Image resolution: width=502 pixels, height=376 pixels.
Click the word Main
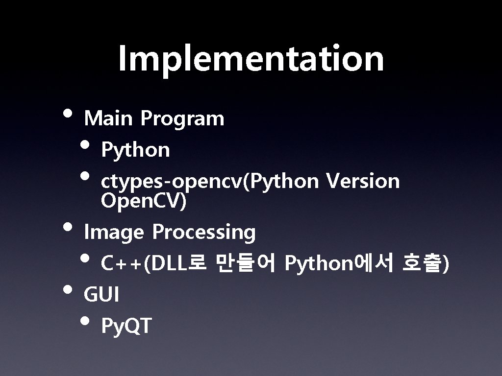(x=108, y=118)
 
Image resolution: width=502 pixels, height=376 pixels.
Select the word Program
(x=182, y=119)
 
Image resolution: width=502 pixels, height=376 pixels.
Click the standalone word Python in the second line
(x=135, y=150)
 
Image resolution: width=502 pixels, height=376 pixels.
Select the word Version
(x=363, y=181)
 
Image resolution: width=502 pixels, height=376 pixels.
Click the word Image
(x=114, y=233)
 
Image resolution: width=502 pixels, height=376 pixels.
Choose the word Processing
(x=203, y=233)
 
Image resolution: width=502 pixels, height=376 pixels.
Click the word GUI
(x=101, y=295)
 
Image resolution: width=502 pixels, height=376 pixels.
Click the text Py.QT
(x=126, y=326)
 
